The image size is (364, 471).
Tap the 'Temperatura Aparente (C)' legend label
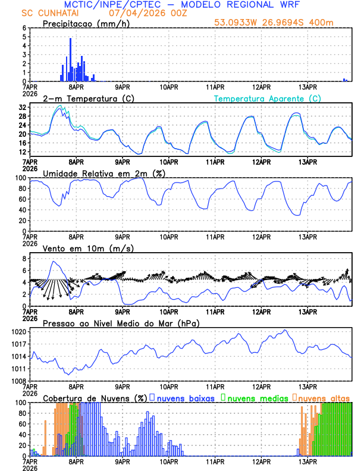pos(268,98)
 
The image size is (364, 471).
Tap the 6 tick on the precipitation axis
pos(24,28)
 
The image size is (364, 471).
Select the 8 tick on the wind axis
pos(24,259)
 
